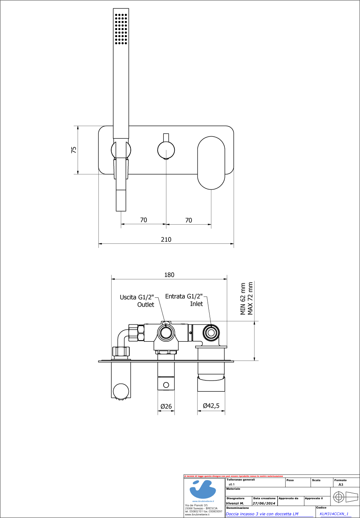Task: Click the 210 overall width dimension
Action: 166,239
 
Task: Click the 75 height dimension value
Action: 74,150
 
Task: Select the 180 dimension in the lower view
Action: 169,275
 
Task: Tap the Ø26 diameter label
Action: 166,406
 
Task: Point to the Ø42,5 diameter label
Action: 211,406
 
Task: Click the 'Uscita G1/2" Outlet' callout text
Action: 137,301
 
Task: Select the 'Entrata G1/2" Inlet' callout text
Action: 184,300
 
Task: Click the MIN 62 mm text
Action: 243,299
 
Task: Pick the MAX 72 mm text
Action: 250,299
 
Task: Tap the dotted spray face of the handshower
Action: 121,28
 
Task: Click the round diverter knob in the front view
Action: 166,151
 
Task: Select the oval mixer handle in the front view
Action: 211,162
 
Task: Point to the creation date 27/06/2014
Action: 264,504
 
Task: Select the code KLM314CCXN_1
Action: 334,514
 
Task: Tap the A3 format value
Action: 341,484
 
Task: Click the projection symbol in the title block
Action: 345,498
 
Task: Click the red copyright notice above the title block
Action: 234,476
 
